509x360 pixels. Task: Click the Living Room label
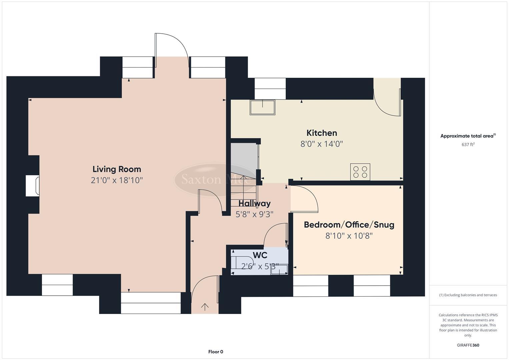117,169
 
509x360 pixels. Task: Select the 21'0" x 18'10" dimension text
117,180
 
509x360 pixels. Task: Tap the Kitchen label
322,133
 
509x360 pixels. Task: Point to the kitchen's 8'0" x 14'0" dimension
322,144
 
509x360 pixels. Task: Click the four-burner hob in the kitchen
360,172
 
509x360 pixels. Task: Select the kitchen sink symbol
263,107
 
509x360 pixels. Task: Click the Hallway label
254,203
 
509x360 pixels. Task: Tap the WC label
260,255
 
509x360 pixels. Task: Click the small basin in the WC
279,269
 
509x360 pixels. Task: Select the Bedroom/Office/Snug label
349,225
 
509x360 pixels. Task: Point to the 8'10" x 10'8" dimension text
349,236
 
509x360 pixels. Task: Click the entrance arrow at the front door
205,307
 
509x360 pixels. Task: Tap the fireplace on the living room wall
33,186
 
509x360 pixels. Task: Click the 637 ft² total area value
468,145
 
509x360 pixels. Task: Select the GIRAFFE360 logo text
468,345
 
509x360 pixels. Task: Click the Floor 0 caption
216,352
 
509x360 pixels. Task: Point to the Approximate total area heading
468,136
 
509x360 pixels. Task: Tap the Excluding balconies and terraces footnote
468,295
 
